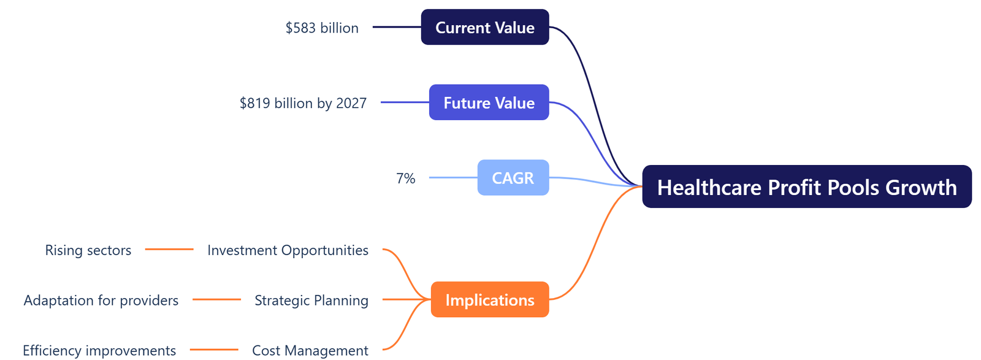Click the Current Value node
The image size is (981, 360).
(x=484, y=27)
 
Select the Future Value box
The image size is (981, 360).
(x=489, y=102)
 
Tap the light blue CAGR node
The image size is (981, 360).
(x=513, y=178)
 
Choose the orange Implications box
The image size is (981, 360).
(x=489, y=300)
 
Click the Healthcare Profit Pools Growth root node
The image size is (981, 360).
(x=806, y=187)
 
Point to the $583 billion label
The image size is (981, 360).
(x=322, y=28)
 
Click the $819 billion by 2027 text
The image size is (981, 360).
(x=303, y=103)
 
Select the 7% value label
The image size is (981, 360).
(x=405, y=178)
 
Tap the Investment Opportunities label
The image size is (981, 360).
(x=288, y=250)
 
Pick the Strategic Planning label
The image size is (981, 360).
(x=311, y=301)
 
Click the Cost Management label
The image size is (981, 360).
(x=310, y=350)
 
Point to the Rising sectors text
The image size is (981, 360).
(x=88, y=250)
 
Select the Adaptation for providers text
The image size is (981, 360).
(x=101, y=301)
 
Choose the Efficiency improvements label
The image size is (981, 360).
(x=99, y=350)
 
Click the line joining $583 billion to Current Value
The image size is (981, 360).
(x=397, y=27)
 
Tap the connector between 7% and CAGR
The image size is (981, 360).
(x=453, y=178)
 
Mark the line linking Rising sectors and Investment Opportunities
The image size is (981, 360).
(x=169, y=249)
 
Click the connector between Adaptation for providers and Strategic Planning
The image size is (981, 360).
(x=216, y=299)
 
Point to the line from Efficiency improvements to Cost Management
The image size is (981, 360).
(x=214, y=350)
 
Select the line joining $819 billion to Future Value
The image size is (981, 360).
(x=405, y=102)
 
